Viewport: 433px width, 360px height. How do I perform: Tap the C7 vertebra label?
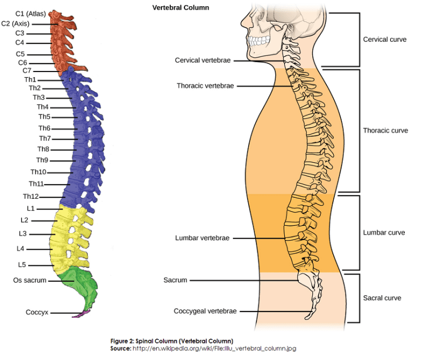27,71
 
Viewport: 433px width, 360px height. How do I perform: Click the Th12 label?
30,197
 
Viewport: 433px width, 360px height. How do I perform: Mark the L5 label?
21,265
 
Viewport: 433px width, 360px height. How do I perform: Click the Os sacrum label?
29,280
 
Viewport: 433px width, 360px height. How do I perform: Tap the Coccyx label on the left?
36,312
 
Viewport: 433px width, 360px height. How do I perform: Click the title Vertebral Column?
180,8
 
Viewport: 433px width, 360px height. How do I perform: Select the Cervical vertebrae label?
202,60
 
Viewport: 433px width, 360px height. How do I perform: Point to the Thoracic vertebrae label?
205,86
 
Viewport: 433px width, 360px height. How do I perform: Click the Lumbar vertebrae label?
202,238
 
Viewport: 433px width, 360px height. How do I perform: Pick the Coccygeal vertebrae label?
205,311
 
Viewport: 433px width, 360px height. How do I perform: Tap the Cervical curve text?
385,40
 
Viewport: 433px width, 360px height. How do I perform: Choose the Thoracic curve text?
385,131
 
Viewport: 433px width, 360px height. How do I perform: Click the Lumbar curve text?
384,233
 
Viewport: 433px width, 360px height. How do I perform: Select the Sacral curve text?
382,298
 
